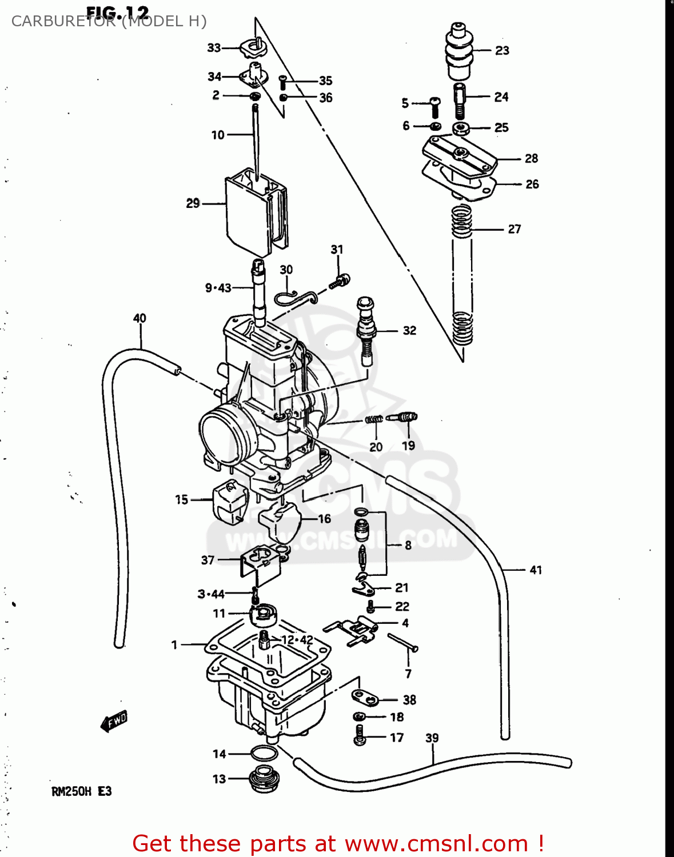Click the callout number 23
pos(502,50)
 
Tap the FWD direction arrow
pos(114,721)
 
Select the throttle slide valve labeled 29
pos(254,212)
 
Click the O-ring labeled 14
pos(264,754)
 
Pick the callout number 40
pos(139,318)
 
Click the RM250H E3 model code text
pos(81,791)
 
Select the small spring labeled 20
pos(374,420)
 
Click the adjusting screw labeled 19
pos(403,418)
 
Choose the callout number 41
pos(536,570)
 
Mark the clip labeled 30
pos(294,297)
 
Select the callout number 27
pos(514,229)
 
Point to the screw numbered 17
pos(359,735)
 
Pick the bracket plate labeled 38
pos(365,698)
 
